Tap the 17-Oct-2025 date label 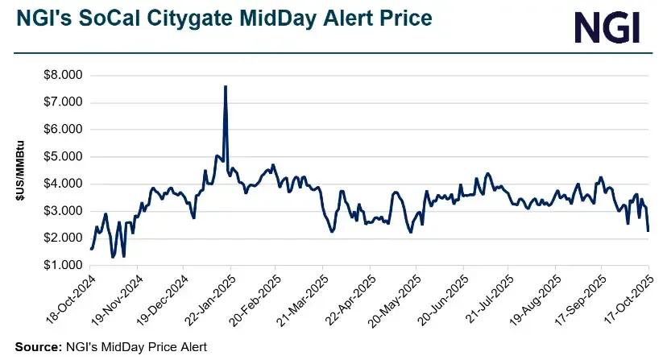pos(625,300)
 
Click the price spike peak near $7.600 pos(226,86)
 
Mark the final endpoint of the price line pos(649,231)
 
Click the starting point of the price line pos(91,249)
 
